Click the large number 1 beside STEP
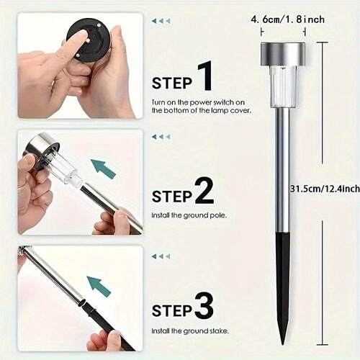(204, 76)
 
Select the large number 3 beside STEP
(204, 306)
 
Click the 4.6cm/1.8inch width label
(287, 19)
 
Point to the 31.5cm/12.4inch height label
(325, 189)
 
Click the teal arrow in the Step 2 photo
(104, 168)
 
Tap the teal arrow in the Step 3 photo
(99, 287)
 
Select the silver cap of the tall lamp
(283, 55)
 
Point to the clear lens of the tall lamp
(283, 87)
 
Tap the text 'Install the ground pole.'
(189, 215)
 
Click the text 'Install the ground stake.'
(190, 331)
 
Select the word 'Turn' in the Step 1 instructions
(158, 102)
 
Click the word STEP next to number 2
(172, 197)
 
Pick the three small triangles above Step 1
(161, 21)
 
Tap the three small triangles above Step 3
(161, 256)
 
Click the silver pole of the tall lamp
(282, 171)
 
